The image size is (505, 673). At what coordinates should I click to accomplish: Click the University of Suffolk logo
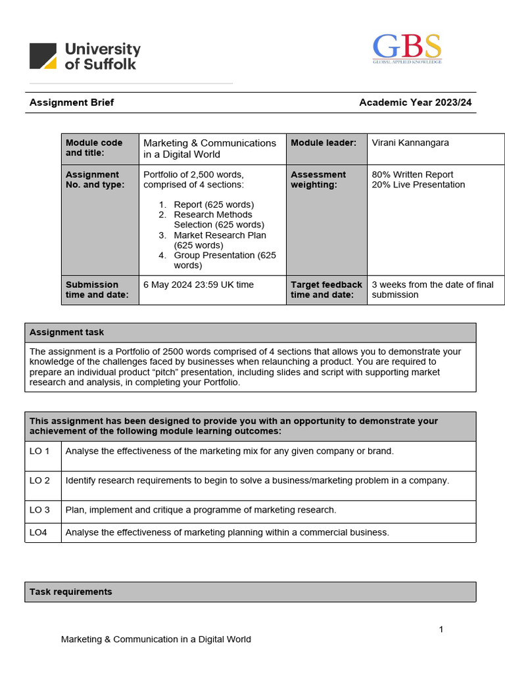[85, 56]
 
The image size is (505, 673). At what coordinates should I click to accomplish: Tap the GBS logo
[407, 48]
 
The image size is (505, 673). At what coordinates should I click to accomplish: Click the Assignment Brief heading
[72, 103]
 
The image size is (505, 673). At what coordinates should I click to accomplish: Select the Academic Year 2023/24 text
[415, 103]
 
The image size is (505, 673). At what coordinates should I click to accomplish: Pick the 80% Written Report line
[412, 175]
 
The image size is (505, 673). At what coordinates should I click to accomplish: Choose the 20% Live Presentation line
[418, 185]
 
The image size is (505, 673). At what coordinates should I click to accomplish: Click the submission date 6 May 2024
[198, 285]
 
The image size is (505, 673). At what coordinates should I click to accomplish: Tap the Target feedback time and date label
[326, 290]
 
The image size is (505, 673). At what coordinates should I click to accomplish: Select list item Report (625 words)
[214, 204]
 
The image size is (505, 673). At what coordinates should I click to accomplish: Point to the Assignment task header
[66, 333]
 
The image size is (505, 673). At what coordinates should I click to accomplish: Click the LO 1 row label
[40, 451]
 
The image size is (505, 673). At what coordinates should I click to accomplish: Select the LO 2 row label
[40, 480]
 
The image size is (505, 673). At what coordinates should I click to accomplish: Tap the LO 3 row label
[40, 510]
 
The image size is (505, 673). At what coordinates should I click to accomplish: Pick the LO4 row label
[39, 532]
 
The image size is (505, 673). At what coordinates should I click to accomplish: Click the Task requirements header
[70, 592]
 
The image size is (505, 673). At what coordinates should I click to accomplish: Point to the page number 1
[441, 630]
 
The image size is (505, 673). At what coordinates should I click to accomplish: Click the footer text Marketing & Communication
[156, 639]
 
